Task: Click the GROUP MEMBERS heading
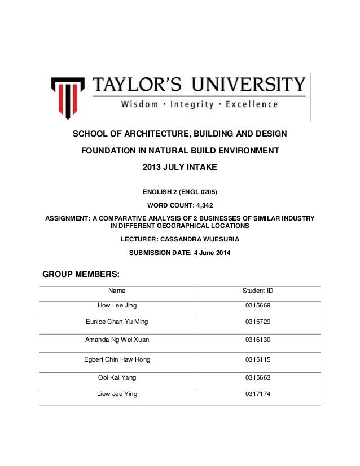click(x=81, y=275)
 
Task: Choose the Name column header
click(x=117, y=291)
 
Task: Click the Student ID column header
click(x=257, y=291)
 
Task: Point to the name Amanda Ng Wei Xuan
click(x=117, y=340)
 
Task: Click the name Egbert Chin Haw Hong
click(x=117, y=359)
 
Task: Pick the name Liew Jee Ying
click(x=117, y=394)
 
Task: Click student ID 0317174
click(x=257, y=394)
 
